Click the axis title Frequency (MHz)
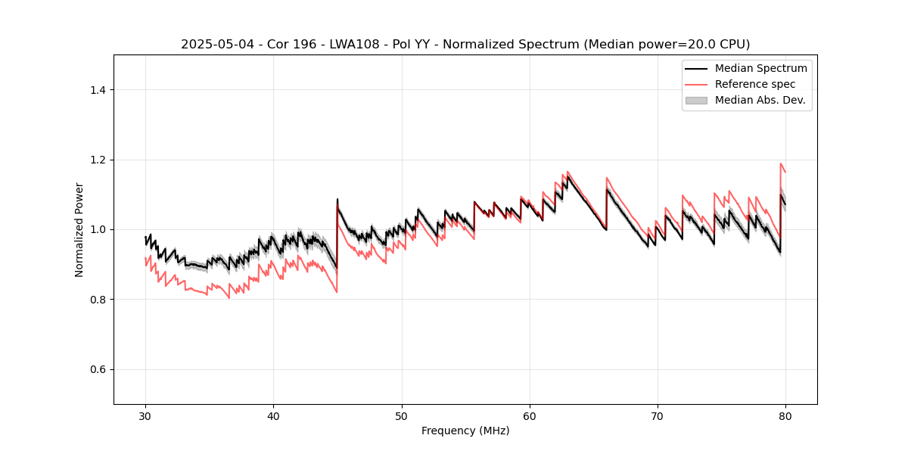click(465, 431)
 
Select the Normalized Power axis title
click(79, 229)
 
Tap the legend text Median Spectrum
click(760, 69)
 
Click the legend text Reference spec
click(754, 84)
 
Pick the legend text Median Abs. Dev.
click(760, 100)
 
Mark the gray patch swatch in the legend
click(696, 100)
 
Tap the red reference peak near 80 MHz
click(781, 163)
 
